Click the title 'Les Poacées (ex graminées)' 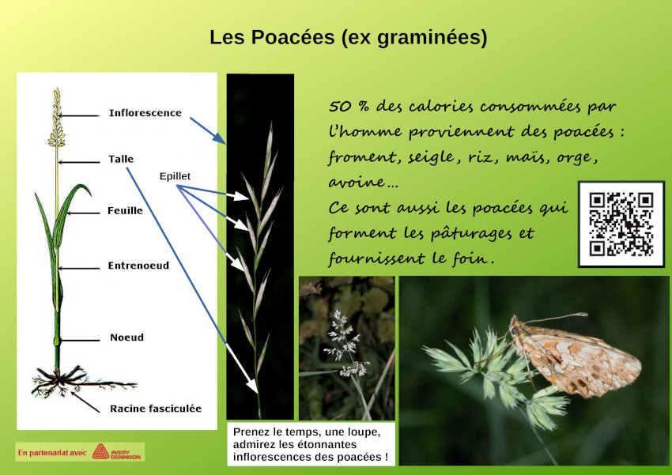tap(348, 38)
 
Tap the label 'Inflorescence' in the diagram tap(145, 113)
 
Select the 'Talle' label tap(121, 159)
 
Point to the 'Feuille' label tap(125, 211)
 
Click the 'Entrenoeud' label tap(138, 266)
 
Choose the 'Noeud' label tap(126, 337)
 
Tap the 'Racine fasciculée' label tap(156, 409)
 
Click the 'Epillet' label tap(175, 176)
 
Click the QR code tap(621, 224)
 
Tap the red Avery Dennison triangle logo tap(100, 451)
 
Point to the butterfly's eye tap(515, 330)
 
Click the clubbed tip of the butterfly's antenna tap(583, 315)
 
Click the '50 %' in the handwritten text tap(349, 106)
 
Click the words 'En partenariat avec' tap(52, 453)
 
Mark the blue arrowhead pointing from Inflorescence tap(220, 138)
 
